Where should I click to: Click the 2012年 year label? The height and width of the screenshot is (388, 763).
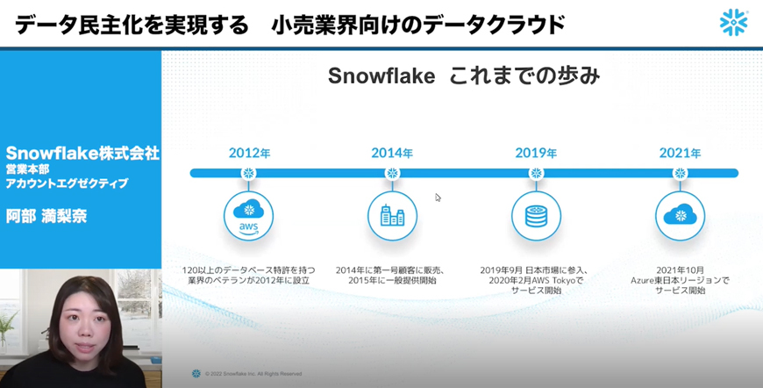pyautogui.click(x=249, y=154)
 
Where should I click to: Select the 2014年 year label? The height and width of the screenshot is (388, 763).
pyautogui.click(x=392, y=154)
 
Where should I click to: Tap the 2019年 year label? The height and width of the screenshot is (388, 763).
pyautogui.click(x=536, y=154)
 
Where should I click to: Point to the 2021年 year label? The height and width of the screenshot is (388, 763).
pyautogui.click(x=680, y=154)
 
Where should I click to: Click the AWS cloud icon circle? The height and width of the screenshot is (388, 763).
pyautogui.click(x=249, y=216)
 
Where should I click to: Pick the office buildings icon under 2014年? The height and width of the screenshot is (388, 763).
pyautogui.click(x=392, y=216)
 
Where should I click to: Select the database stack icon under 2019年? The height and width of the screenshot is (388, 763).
pyautogui.click(x=536, y=216)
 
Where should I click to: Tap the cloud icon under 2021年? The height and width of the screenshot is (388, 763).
pyautogui.click(x=680, y=216)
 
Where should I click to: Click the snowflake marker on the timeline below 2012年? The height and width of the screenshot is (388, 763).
pyautogui.click(x=249, y=173)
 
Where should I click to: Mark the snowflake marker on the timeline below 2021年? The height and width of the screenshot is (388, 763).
pyautogui.click(x=680, y=173)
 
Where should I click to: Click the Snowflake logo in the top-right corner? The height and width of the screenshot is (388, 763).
pyautogui.click(x=734, y=23)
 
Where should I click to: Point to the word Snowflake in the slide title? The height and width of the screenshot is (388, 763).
pyautogui.click(x=381, y=76)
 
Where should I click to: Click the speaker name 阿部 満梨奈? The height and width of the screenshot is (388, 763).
pyautogui.click(x=46, y=216)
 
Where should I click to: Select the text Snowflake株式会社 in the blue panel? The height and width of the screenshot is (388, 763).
pyautogui.click(x=82, y=154)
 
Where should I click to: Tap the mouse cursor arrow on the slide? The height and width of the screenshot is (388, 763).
pyautogui.click(x=438, y=198)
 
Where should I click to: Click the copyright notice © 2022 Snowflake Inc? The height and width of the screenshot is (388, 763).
pyautogui.click(x=253, y=374)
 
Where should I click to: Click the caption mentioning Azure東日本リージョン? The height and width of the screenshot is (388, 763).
pyautogui.click(x=680, y=280)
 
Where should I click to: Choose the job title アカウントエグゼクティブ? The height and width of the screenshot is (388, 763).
pyautogui.click(x=68, y=183)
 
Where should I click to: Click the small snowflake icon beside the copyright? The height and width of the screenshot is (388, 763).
pyautogui.click(x=196, y=374)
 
